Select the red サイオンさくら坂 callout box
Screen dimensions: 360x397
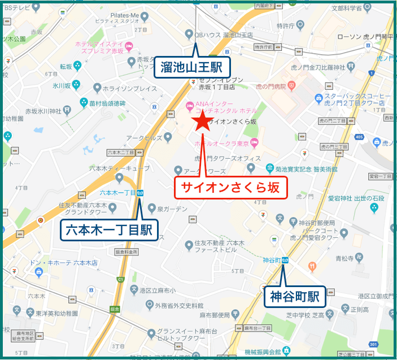pos(230,187)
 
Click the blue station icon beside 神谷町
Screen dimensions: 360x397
pos(286,261)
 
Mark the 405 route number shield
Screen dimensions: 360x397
pos(359,137)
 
